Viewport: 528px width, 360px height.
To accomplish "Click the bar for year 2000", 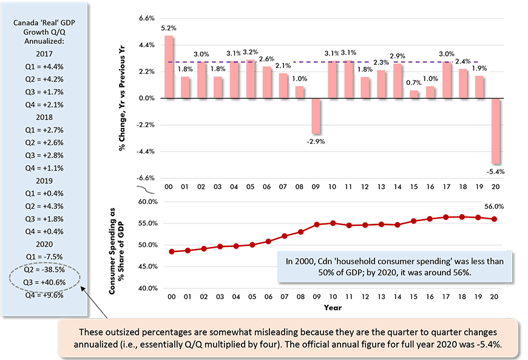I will click(x=169, y=67).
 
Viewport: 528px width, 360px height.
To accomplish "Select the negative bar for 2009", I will click(x=316, y=116).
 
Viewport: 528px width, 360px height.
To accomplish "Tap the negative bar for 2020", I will click(x=495, y=131).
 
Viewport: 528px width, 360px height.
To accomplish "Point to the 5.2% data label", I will click(x=169, y=28).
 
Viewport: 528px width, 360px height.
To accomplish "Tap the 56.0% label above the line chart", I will click(x=495, y=206).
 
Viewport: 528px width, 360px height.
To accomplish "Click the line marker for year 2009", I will click(x=316, y=225).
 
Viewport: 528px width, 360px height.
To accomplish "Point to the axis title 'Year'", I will click(x=332, y=308).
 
